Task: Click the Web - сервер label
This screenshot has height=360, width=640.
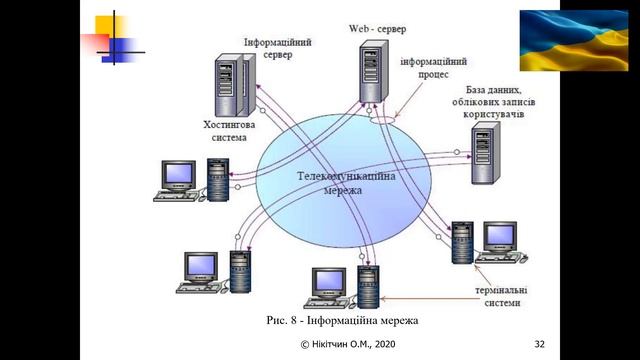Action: coord(377,29)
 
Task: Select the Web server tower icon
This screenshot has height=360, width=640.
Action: coord(373,71)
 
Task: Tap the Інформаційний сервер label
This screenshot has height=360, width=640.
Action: coord(278,48)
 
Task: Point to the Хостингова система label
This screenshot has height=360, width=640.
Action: coord(229,131)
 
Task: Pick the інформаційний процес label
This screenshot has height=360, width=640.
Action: coord(433,68)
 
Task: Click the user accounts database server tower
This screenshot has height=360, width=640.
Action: coord(486,153)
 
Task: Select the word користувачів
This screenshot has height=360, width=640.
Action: coord(493,114)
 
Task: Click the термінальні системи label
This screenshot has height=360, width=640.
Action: coord(501,296)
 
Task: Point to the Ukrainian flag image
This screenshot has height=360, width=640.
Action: coord(574,40)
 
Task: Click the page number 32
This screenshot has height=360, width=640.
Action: coord(540,344)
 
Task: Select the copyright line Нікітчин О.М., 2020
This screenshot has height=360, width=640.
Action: coord(348,344)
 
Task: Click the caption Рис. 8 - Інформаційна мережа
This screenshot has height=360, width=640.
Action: coord(342,320)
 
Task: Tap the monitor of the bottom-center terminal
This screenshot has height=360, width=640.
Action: coord(329,283)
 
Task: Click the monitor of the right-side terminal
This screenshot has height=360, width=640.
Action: coord(500,237)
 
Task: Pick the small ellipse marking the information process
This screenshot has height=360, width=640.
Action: coord(383,120)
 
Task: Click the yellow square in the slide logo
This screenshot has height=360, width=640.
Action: coord(109,26)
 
